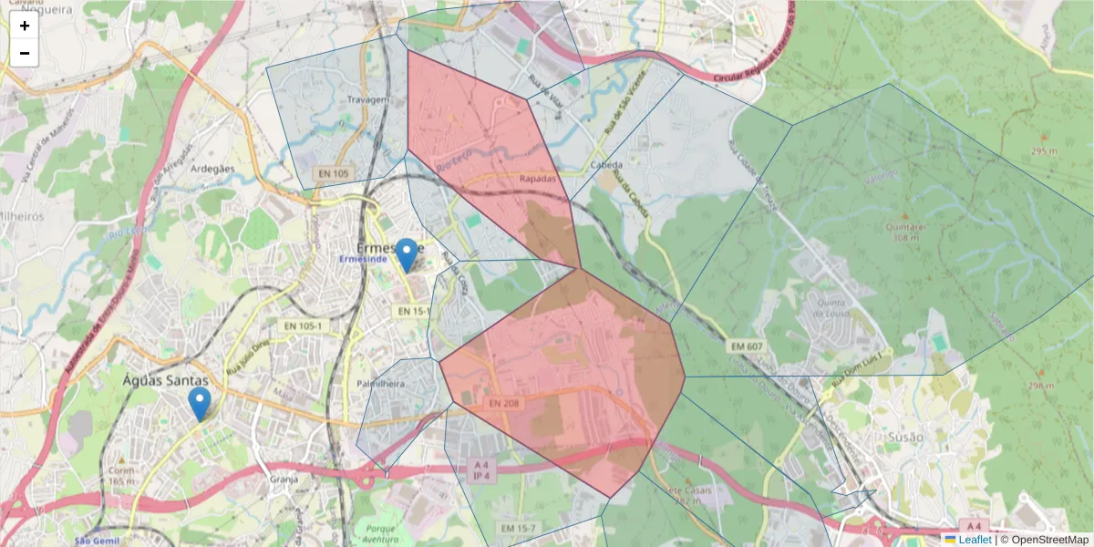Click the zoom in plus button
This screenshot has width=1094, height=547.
coord(25,26)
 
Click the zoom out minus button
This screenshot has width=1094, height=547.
coord(25,53)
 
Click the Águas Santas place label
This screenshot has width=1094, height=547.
coord(166,381)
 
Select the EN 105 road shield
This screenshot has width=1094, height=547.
coord(335,173)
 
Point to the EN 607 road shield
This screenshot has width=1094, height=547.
coord(746,346)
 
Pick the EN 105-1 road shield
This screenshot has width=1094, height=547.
coord(301,325)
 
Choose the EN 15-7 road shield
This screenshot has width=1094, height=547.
coord(520,529)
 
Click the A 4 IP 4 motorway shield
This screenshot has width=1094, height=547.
coord(480,470)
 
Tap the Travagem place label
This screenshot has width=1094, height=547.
coord(368,99)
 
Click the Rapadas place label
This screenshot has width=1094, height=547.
coord(537,180)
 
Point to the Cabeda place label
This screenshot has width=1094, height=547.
coord(606,166)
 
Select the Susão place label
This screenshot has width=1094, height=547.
coord(904,437)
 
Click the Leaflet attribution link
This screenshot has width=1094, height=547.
coord(975,540)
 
